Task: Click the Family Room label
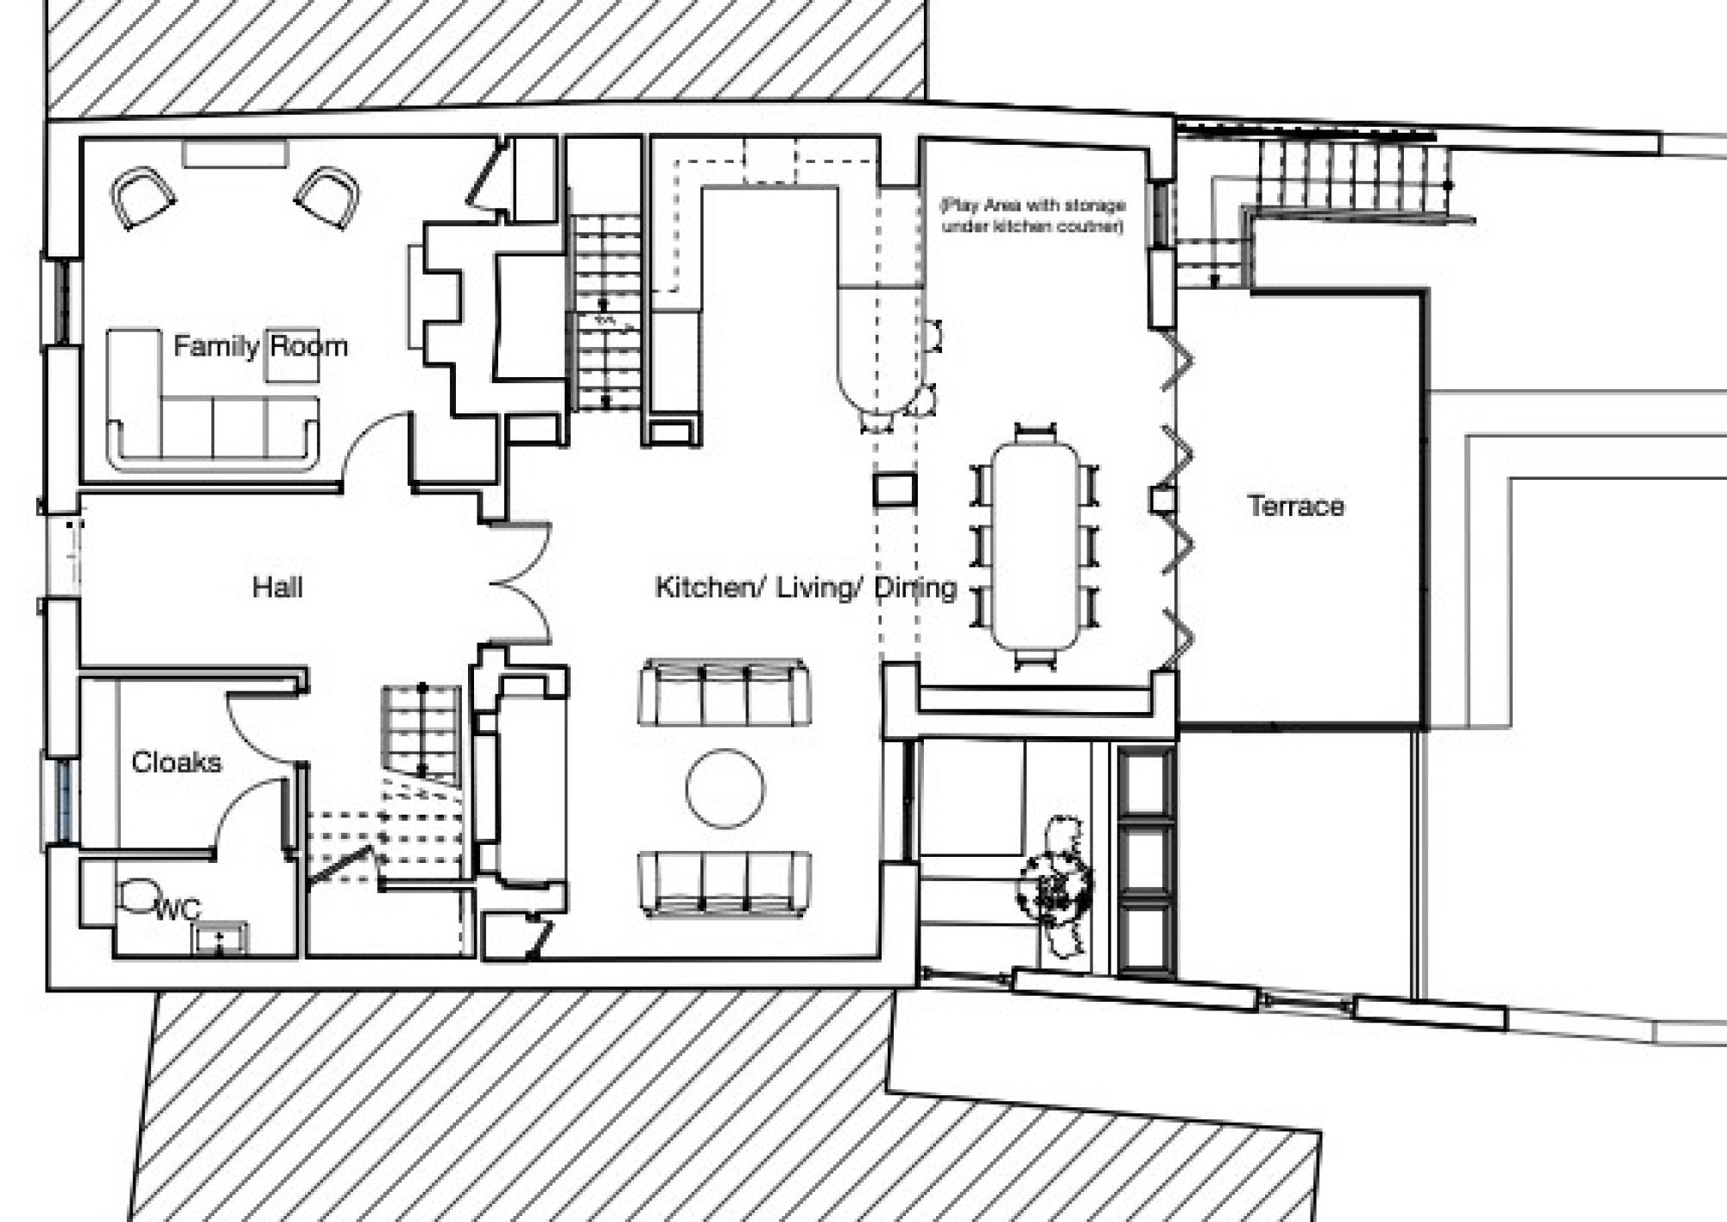[x=261, y=347]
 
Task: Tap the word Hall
[x=277, y=588]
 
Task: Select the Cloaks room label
[x=176, y=762]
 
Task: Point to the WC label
[x=178, y=909]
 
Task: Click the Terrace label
[x=1295, y=506]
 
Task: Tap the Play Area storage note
[x=1033, y=216]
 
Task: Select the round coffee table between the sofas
[x=725, y=789]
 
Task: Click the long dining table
[x=1035, y=546]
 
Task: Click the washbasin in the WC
[x=219, y=939]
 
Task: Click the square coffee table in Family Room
[x=292, y=355]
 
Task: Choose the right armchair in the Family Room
[x=328, y=197]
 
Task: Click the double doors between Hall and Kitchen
[x=520, y=583]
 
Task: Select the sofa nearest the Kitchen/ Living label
[x=724, y=693]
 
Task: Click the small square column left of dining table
[x=894, y=489]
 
